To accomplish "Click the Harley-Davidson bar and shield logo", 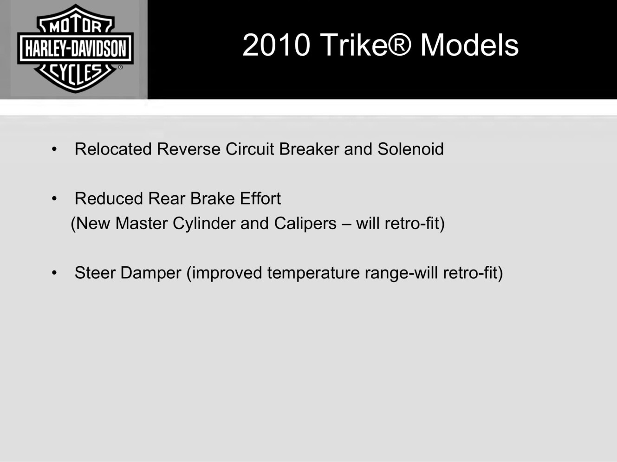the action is click(x=75, y=48).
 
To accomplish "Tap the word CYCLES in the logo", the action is click(x=75, y=74).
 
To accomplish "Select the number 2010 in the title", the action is click(x=276, y=45).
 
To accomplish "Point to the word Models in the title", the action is click(x=469, y=45).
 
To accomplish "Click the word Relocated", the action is click(x=113, y=149).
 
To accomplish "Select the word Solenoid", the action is click(x=411, y=149).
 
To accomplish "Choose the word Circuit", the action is click(x=250, y=149).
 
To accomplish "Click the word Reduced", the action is click(x=109, y=199).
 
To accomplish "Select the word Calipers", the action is click(x=305, y=224).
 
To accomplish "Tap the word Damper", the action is click(x=151, y=273).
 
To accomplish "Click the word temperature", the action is click(x=313, y=273).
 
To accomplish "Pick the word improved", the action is click(x=227, y=273).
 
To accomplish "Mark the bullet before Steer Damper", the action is click(x=54, y=273).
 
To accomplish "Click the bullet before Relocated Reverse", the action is click(x=54, y=149).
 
